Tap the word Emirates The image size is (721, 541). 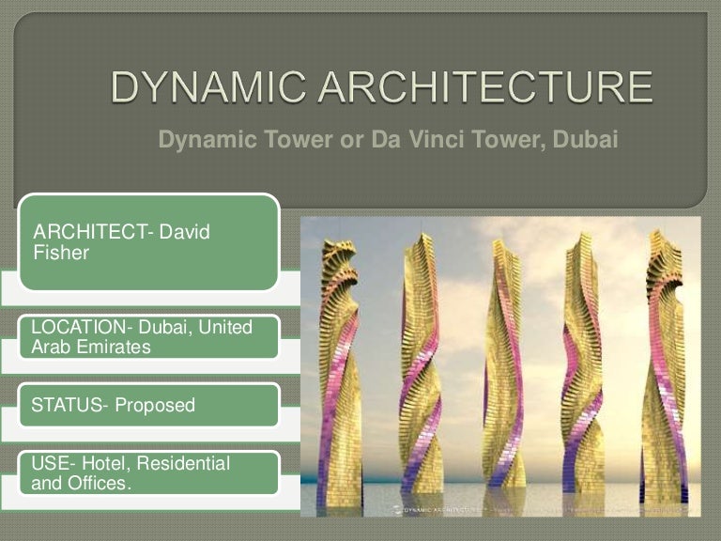[110, 347]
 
